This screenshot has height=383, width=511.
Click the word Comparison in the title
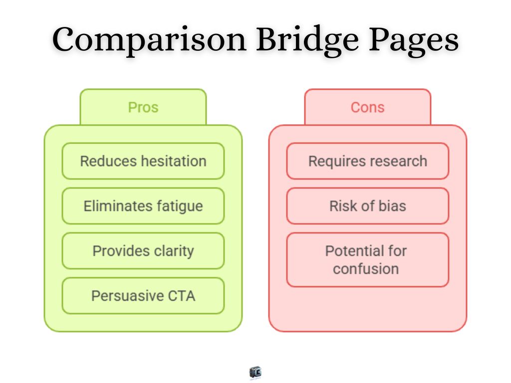tap(149, 40)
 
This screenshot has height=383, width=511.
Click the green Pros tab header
tap(143, 107)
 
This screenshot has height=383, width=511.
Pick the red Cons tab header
tap(367, 107)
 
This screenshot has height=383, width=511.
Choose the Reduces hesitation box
tap(143, 161)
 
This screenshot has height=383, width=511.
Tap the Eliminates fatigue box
tap(143, 206)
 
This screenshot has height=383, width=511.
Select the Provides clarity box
tap(143, 251)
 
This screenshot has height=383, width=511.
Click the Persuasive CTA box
tap(143, 296)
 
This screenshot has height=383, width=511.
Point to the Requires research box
tap(367, 161)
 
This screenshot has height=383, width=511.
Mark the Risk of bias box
tap(367, 206)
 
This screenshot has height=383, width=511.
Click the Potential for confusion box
tap(367, 259)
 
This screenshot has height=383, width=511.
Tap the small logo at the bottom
tap(255, 372)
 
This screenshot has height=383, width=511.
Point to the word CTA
tap(181, 296)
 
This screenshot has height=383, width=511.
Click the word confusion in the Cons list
tap(366, 269)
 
